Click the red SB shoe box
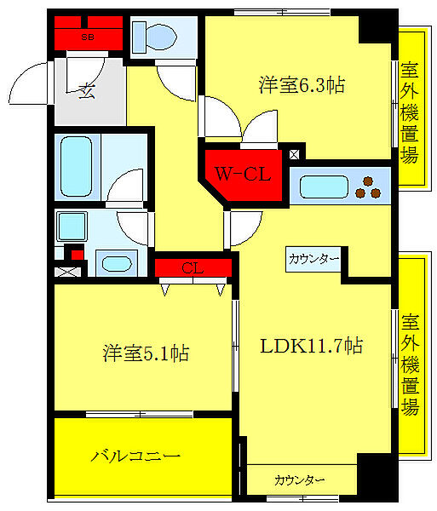88,37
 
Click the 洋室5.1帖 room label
134,352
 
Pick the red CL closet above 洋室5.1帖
193,268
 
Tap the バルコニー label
136,456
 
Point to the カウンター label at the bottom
299,480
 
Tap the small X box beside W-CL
295,155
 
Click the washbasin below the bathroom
110,262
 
